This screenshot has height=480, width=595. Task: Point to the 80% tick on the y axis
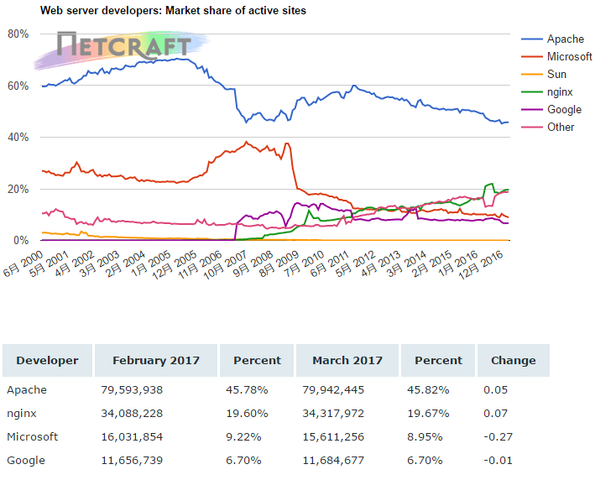(18, 34)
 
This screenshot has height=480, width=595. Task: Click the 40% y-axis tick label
(18, 137)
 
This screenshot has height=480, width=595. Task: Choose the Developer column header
(47, 360)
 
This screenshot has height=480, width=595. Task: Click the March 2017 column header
(347, 360)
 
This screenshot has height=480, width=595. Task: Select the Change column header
(513, 360)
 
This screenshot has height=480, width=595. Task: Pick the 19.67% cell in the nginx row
(430, 414)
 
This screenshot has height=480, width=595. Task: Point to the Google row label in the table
(26, 460)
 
